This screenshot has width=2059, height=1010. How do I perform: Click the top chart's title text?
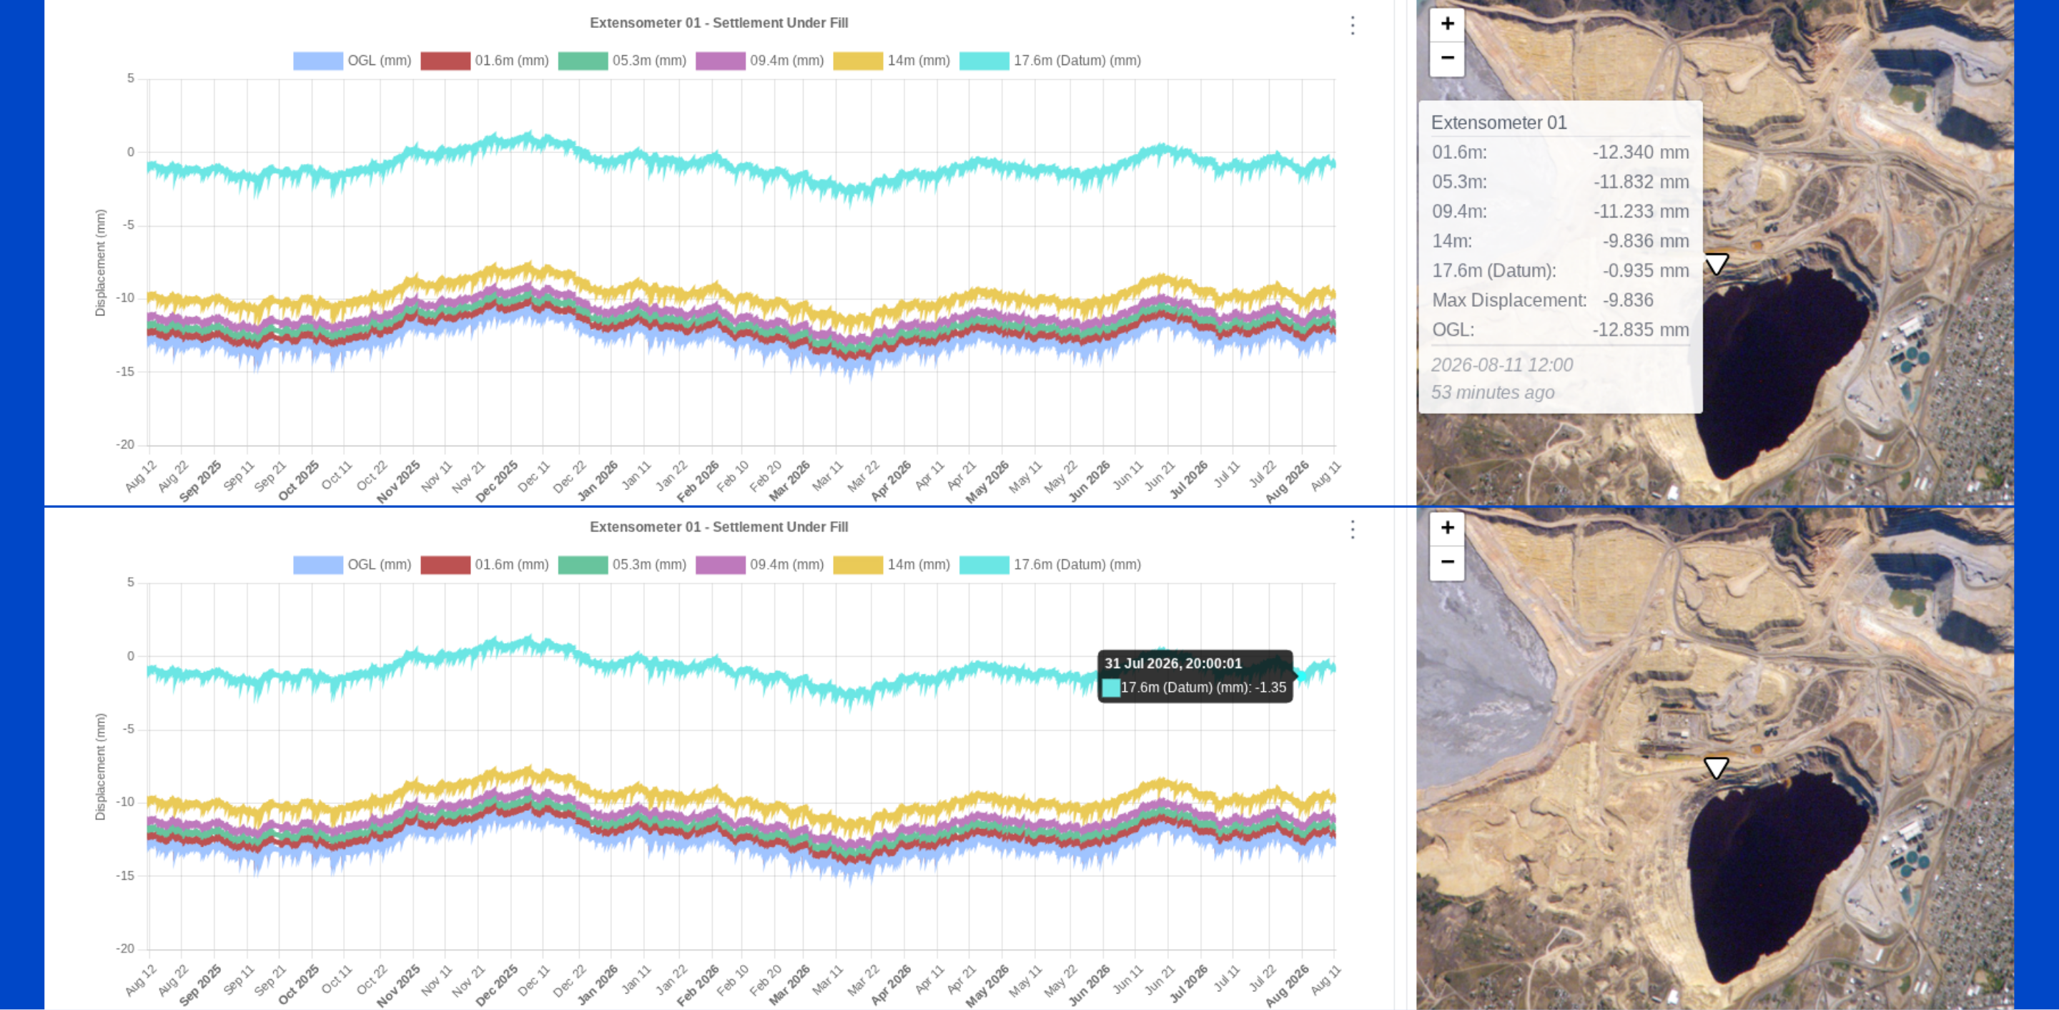(x=719, y=23)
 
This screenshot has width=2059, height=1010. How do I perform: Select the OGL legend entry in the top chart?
(x=352, y=61)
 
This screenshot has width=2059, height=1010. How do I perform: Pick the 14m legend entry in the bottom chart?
(x=892, y=564)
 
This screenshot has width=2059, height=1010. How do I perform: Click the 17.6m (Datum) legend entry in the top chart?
(x=1050, y=61)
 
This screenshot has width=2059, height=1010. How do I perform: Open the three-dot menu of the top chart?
(x=1353, y=26)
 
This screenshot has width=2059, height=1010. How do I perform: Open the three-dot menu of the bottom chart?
(x=1353, y=529)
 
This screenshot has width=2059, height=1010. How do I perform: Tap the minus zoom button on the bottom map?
(x=1447, y=562)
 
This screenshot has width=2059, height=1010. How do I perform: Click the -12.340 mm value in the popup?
(x=1640, y=152)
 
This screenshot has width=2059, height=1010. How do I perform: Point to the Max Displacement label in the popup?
(x=1509, y=300)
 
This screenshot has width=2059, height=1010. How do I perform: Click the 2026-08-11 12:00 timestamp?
(x=1501, y=365)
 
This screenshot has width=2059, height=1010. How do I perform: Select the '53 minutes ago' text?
(x=1492, y=393)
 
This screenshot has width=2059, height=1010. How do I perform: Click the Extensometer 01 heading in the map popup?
(x=1498, y=122)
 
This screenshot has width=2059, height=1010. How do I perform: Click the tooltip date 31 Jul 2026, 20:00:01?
(x=1172, y=663)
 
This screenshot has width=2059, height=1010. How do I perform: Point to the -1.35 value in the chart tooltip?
(x=1270, y=687)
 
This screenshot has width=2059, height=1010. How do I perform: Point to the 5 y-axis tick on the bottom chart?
(x=131, y=582)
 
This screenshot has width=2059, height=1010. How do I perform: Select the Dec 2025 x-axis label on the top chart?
(x=497, y=481)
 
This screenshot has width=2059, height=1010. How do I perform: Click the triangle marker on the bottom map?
(x=1715, y=768)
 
